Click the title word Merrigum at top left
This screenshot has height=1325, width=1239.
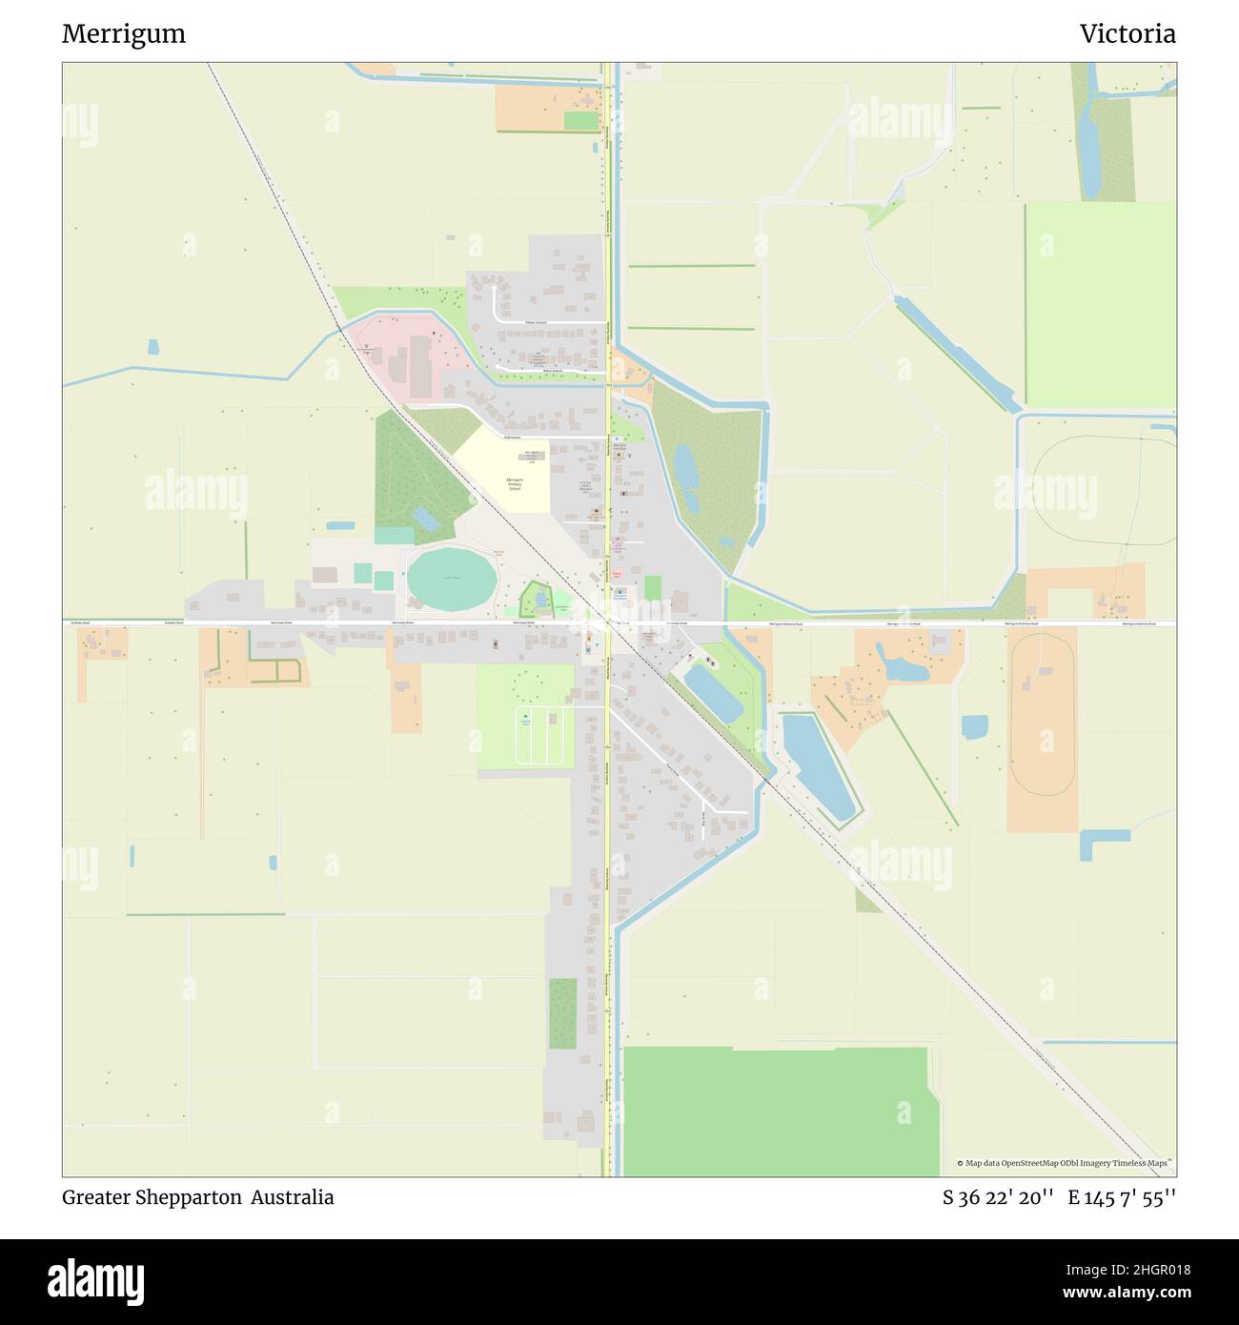(124, 34)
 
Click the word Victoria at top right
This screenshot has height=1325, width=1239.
(1127, 34)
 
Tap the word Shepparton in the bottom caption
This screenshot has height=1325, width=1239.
(187, 1197)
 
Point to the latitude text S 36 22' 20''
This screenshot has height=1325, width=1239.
(998, 1197)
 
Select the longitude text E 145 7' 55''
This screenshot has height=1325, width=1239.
(1122, 1197)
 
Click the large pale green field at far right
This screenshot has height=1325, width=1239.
(1100, 305)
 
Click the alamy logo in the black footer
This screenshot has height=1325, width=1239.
(96, 1280)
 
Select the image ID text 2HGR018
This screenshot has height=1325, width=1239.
(1134, 1269)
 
